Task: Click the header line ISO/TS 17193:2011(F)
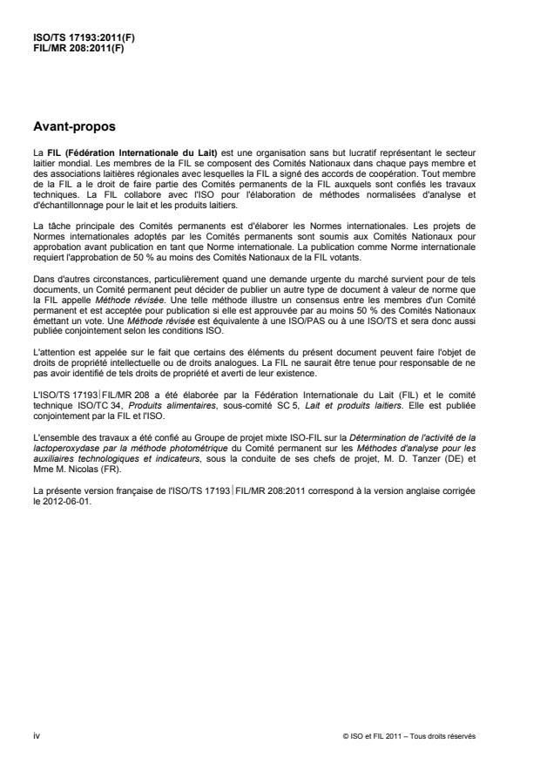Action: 73,38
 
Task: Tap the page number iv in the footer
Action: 35,735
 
